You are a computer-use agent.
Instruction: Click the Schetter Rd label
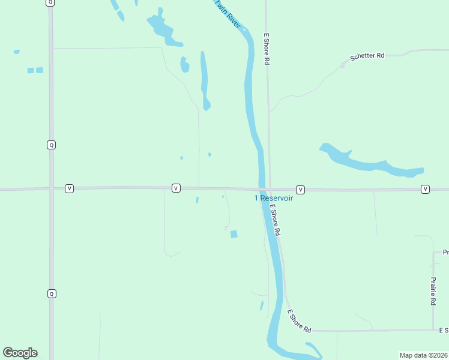(367, 56)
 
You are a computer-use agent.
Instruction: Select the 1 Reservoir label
(274, 198)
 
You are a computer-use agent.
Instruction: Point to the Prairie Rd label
(433, 292)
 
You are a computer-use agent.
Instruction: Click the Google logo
(20, 353)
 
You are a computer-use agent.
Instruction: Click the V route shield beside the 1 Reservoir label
(300, 190)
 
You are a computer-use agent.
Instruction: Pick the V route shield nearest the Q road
(70, 188)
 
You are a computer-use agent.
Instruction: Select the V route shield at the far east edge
(425, 190)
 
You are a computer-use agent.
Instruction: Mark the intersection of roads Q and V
(51, 188)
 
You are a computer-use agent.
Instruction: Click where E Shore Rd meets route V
(269, 189)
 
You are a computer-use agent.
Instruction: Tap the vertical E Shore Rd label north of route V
(266, 49)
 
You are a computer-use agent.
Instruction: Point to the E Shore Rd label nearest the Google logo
(299, 321)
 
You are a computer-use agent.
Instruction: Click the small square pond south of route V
(234, 234)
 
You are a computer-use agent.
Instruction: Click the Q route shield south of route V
(52, 293)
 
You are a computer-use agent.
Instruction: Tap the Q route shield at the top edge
(50, 2)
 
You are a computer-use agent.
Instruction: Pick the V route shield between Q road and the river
(176, 188)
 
